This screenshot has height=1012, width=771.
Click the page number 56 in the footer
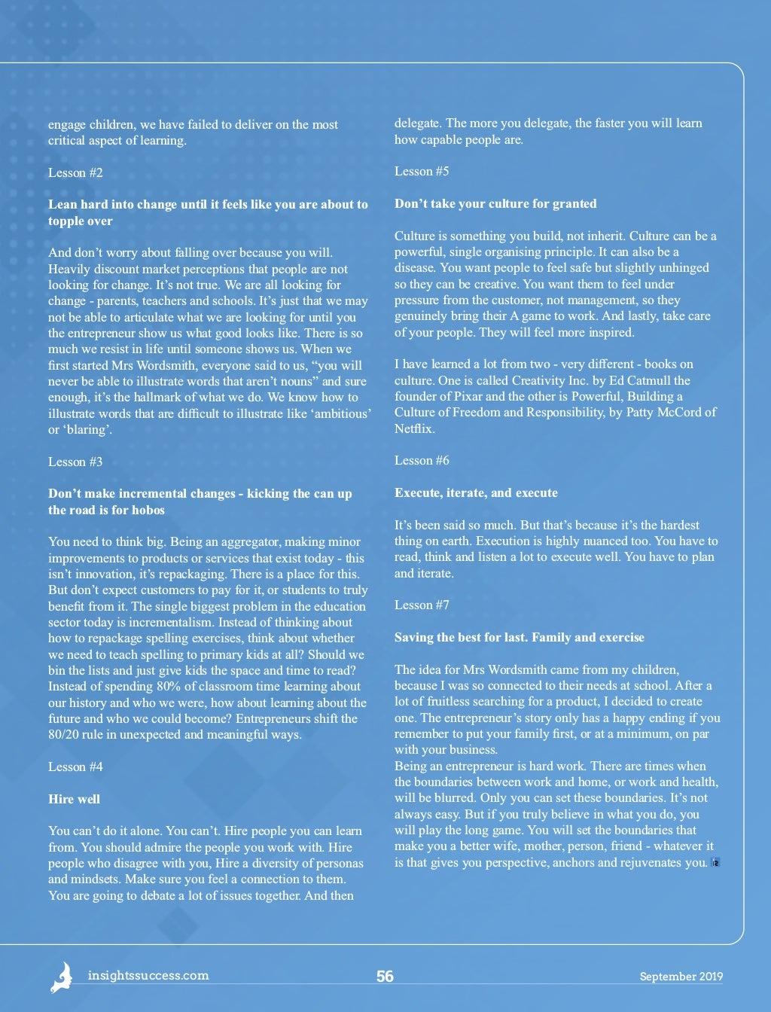click(x=385, y=977)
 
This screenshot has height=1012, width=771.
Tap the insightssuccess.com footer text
click(x=148, y=975)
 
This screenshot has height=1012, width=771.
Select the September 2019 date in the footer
click(x=681, y=977)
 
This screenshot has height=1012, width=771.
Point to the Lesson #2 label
click(x=75, y=172)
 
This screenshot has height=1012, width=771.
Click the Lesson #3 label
click(x=75, y=462)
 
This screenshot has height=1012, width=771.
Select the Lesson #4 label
click(x=75, y=767)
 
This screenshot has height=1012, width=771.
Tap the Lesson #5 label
click(x=422, y=171)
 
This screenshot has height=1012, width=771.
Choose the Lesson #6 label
click(x=422, y=460)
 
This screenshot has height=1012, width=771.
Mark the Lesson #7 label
click(x=422, y=605)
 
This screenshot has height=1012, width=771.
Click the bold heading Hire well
click(x=74, y=799)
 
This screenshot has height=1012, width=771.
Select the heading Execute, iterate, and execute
click(x=476, y=492)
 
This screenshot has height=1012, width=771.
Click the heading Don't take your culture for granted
click(x=495, y=203)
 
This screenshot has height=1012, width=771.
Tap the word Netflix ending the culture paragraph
click(x=414, y=428)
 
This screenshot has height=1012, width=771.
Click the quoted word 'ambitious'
click(x=343, y=413)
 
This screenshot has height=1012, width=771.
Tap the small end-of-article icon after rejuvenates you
click(x=715, y=863)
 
